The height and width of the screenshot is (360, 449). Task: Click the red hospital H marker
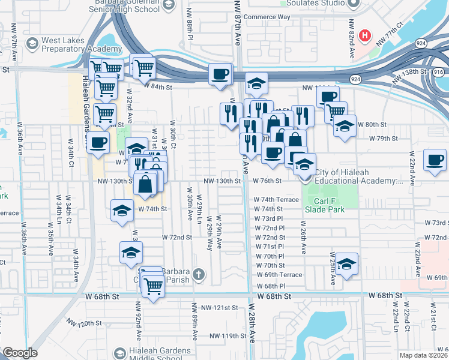pyautogui.click(x=364, y=36)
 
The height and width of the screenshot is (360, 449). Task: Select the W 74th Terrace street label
pyautogui.click(x=276, y=199)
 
